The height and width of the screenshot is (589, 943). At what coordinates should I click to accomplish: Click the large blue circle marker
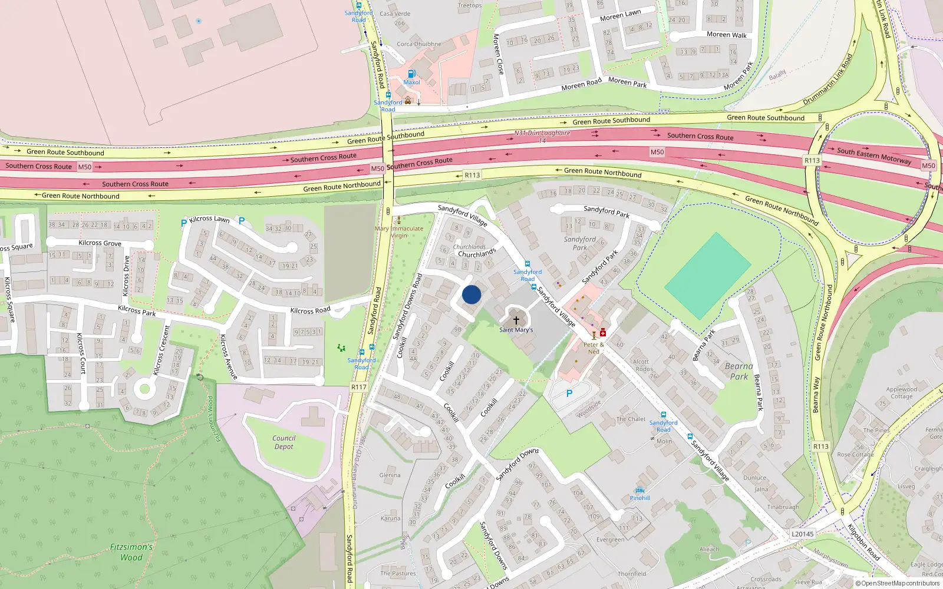(x=471, y=294)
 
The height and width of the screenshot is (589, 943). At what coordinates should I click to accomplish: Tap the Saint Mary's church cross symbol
(x=516, y=320)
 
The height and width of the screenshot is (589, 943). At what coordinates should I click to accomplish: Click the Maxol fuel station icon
(x=411, y=74)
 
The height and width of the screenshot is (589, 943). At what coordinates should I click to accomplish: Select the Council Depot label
(x=283, y=442)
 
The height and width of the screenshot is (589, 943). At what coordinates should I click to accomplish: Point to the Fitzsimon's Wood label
(x=131, y=552)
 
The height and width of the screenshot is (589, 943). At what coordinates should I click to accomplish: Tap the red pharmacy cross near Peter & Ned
(x=603, y=333)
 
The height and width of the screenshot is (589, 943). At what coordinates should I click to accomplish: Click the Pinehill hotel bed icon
(x=639, y=490)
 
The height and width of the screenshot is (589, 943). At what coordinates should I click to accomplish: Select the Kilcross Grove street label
(x=100, y=243)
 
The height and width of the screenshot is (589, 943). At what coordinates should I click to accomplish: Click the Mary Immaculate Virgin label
(x=399, y=231)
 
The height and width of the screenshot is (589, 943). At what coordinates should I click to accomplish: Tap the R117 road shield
(x=358, y=387)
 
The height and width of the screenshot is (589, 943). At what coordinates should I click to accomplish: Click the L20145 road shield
(x=802, y=534)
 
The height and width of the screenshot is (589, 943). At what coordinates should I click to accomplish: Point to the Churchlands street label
(x=477, y=254)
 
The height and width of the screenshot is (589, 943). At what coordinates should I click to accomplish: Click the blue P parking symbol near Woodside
(x=569, y=393)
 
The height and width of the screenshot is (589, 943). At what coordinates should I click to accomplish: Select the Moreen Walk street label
(x=726, y=35)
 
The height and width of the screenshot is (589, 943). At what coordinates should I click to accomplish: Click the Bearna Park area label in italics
(x=738, y=371)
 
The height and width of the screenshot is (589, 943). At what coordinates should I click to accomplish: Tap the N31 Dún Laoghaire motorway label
(x=542, y=133)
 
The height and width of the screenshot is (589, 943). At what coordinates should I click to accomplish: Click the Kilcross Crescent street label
(x=161, y=350)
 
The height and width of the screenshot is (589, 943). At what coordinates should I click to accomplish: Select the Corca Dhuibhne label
(x=418, y=44)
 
